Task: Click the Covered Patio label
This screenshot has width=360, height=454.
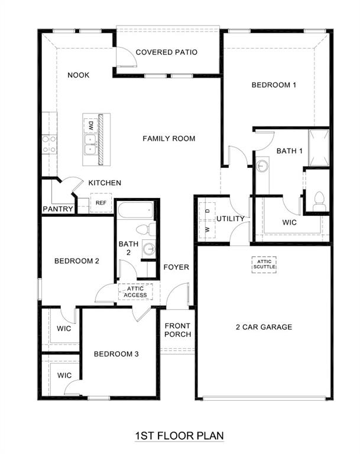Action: click(x=166, y=52)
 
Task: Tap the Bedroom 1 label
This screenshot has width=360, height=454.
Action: click(x=274, y=85)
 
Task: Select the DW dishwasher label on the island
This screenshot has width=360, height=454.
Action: click(x=91, y=125)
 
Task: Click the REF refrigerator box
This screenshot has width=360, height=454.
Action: click(x=100, y=203)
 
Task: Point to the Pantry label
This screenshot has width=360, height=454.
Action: click(x=58, y=209)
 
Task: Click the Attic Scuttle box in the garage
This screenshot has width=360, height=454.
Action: click(x=264, y=264)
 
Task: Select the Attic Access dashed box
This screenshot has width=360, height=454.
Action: click(x=135, y=291)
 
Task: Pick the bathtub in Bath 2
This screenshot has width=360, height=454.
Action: click(x=136, y=210)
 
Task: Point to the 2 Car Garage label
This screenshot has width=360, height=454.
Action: click(x=264, y=327)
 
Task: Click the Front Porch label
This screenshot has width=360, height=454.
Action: click(x=177, y=330)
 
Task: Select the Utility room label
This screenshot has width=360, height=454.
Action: click(x=230, y=219)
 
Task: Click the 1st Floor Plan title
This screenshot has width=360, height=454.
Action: click(x=180, y=436)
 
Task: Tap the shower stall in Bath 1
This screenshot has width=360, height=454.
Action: click(x=318, y=147)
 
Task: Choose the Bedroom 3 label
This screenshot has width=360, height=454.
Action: click(x=116, y=354)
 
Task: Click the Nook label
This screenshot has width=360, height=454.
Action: click(x=78, y=75)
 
